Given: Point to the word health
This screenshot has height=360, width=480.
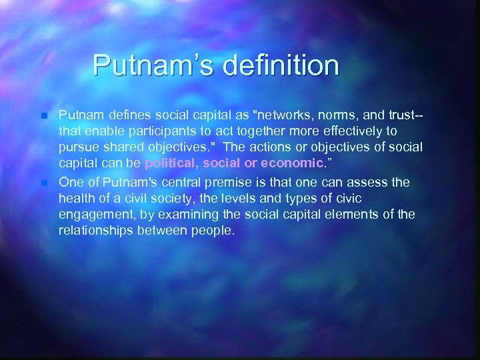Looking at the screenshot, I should [75, 198].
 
